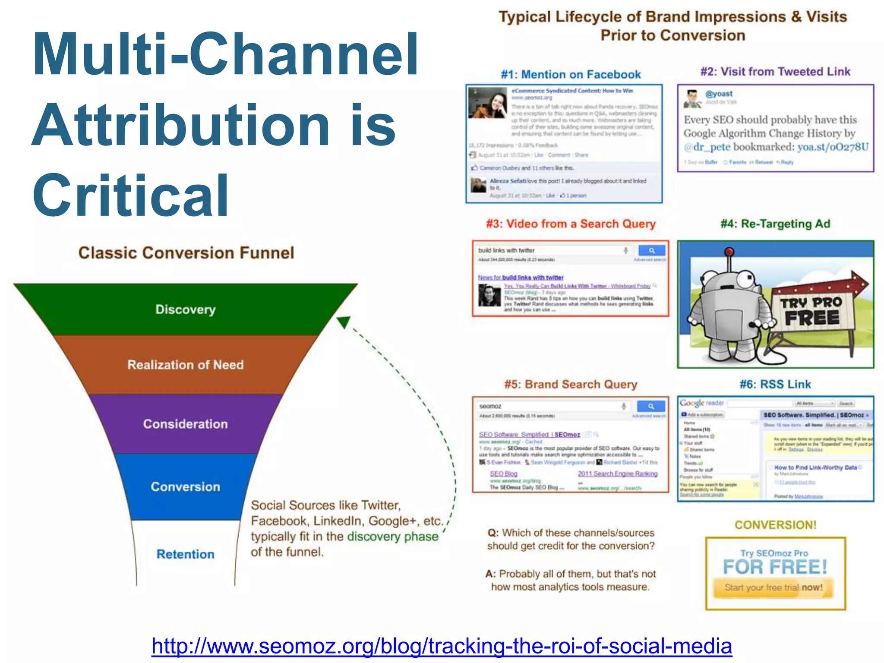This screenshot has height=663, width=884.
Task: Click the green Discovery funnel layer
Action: point(186,309)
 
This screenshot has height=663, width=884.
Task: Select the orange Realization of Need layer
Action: point(186,365)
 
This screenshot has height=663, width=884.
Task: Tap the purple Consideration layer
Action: point(186,424)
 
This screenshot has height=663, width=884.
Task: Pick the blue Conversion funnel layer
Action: point(186,486)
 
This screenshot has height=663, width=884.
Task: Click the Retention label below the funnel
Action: point(186,554)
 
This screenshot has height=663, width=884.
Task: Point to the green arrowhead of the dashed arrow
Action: point(344,322)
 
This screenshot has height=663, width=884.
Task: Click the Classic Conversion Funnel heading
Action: point(186,253)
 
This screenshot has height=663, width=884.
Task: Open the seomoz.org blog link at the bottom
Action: point(442,646)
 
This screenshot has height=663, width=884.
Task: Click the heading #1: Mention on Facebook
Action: point(571,75)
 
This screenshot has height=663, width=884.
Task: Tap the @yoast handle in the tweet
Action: point(719,94)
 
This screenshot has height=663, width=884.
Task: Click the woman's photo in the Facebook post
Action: point(488,103)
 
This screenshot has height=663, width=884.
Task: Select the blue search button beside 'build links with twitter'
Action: point(651,250)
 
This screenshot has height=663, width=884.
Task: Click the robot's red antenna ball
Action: point(729,252)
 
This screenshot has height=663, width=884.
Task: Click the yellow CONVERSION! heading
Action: point(776,525)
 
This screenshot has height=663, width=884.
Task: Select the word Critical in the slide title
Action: point(131,195)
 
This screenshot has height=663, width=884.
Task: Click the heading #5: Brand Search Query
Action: point(571,384)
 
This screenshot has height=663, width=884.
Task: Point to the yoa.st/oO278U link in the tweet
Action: point(833,147)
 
